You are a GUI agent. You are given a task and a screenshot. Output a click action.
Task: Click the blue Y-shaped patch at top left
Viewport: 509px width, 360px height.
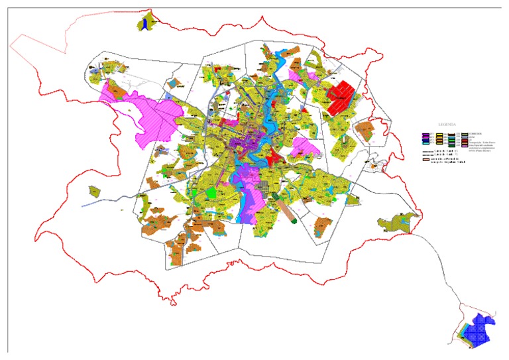(x=144, y=23)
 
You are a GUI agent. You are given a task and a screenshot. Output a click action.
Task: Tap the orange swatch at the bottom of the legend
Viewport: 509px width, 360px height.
(x=426, y=160)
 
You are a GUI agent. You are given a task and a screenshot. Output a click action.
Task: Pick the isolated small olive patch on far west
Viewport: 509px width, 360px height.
(x=95, y=192)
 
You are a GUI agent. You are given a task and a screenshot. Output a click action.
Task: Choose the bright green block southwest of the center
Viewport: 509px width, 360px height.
(x=211, y=193)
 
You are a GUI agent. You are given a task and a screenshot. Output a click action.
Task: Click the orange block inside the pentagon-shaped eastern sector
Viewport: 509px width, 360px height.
(x=365, y=130)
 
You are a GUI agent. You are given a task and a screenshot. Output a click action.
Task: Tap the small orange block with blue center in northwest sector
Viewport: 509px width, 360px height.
(x=176, y=84)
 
